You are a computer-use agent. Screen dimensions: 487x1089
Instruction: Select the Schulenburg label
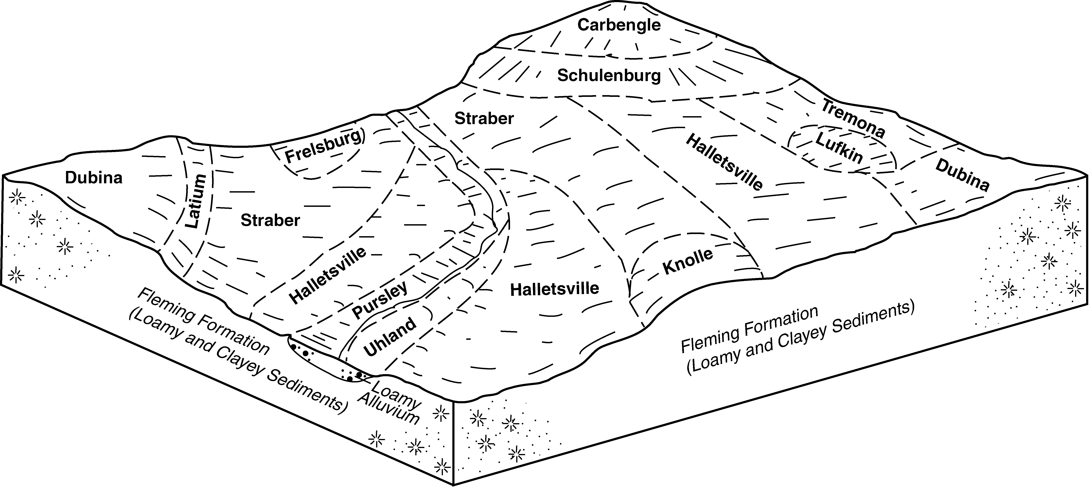[609, 76]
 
